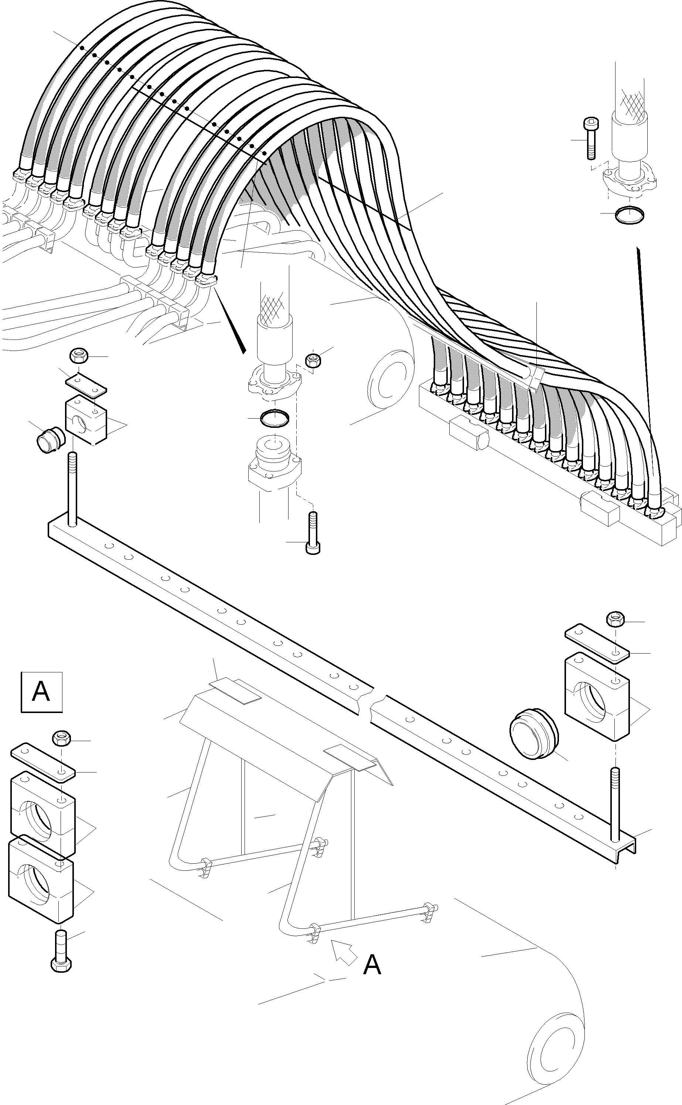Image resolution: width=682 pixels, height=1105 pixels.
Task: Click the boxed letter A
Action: [x=41, y=692]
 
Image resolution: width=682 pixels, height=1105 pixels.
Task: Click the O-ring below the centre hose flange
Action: [x=275, y=417]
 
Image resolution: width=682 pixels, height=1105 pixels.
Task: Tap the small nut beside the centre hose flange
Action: [x=313, y=360]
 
